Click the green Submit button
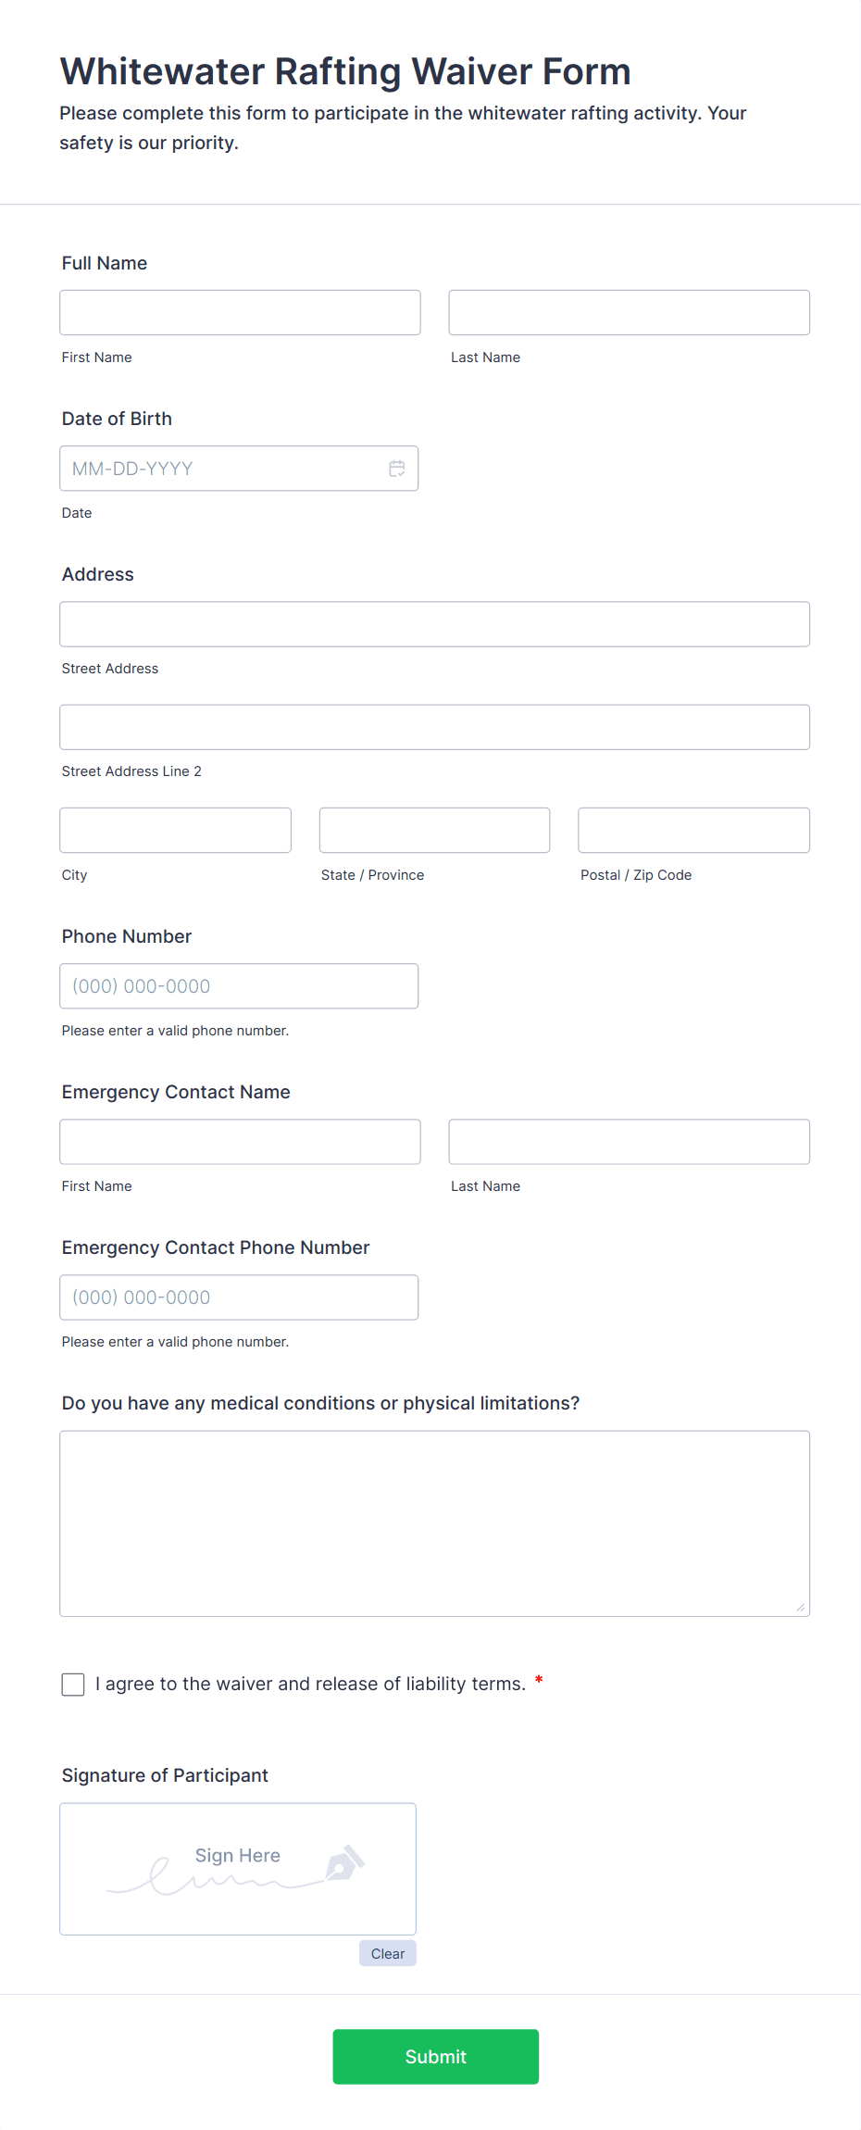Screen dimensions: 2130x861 [435, 2056]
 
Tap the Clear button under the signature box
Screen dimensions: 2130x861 [388, 1953]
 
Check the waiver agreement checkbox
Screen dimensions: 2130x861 [73, 1684]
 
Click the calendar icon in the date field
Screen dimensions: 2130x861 [397, 469]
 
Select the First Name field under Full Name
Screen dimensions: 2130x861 [240, 313]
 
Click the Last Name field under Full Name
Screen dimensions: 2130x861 [629, 313]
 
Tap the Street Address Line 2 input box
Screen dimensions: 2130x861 [434, 727]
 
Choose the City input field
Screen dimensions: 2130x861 [175, 830]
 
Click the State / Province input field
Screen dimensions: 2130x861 [434, 830]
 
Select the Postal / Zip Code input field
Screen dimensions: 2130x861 [693, 830]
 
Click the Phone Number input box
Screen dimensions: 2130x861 [239, 986]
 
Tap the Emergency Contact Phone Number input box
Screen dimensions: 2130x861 [239, 1297]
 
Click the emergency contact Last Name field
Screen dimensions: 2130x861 [629, 1142]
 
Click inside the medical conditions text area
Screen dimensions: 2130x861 [434, 1523]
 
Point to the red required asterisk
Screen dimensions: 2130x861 [539, 1680]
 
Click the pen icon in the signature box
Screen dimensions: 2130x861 [345, 1862]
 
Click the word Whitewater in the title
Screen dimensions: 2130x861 [163, 71]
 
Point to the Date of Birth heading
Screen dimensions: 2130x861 [117, 419]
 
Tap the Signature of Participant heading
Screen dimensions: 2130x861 [165, 1775]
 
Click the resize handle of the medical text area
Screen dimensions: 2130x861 [801, 1607]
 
